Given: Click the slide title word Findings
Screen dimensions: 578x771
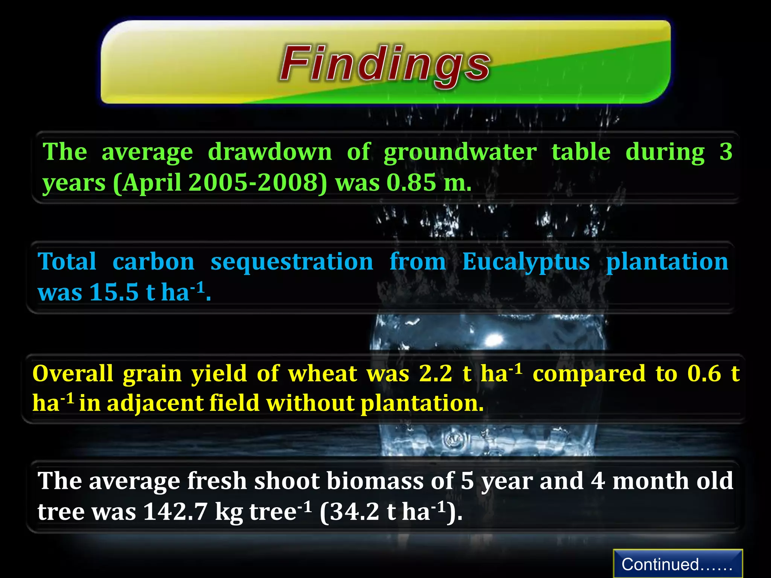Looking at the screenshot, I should pyautogui.click(x=385, y=64).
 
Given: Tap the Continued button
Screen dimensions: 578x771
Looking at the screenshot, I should pyautogui.click(x=677, y=564).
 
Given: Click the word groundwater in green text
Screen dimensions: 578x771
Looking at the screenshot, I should pyautogui.click(x=460, y=152).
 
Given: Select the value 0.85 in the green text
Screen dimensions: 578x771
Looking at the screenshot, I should pyautogui.click(x=411, y=183).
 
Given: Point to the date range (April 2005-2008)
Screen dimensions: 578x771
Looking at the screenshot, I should pyautogui.click(x=220, y=183).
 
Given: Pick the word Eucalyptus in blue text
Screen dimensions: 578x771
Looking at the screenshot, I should pyautogui.click(x=526, y=262).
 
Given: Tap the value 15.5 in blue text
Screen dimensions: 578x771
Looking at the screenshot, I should pyautogui.click(x=114, y=292).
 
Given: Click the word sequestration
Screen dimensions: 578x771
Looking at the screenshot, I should pyautogui.click(x=292, y=262).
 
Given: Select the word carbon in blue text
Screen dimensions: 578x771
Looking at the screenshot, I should pyautogui.click(x=153, y=262).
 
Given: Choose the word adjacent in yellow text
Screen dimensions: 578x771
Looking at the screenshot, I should pyautogui.click(x=155, y=403).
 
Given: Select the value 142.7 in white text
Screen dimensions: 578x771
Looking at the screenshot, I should pyautogui.click(x=175, y=512).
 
